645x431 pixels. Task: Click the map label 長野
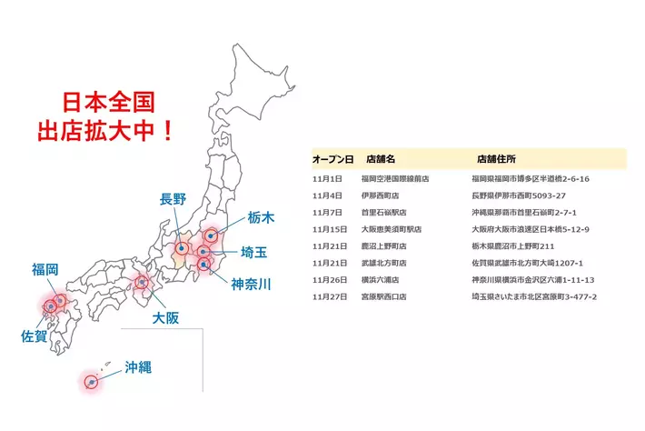point(174,199)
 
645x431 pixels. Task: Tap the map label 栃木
point(261,217)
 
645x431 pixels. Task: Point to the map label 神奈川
point(251,284)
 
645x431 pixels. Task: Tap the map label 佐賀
point(34,336)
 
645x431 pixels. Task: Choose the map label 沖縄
point(137,367)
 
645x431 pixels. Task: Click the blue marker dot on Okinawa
point(91,383)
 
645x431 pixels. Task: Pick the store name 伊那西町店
point(380,195)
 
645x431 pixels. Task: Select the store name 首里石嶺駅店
point(383,212)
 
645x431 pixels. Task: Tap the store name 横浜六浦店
point(380,279)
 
